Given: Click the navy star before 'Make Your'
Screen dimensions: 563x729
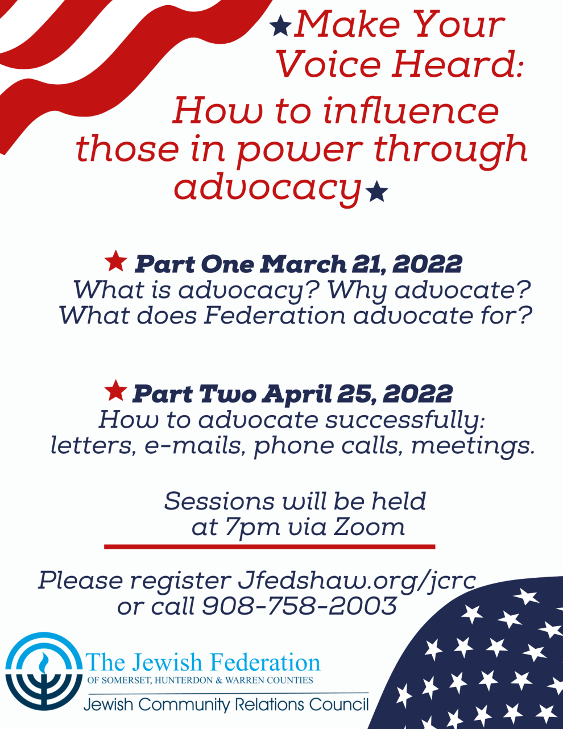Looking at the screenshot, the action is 281,27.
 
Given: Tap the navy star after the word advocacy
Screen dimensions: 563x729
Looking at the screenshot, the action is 376,191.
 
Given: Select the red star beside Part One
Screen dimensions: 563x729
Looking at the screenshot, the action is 116,262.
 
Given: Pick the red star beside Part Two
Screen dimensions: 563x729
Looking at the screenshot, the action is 116,391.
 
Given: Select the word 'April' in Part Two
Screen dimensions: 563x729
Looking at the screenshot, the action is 297,395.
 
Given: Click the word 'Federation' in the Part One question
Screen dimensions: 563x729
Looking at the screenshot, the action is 275,316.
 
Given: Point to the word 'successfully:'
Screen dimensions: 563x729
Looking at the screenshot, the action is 405,421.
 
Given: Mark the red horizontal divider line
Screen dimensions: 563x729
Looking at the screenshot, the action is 270,547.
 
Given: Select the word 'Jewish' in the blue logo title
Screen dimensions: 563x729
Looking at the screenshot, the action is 167,663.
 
